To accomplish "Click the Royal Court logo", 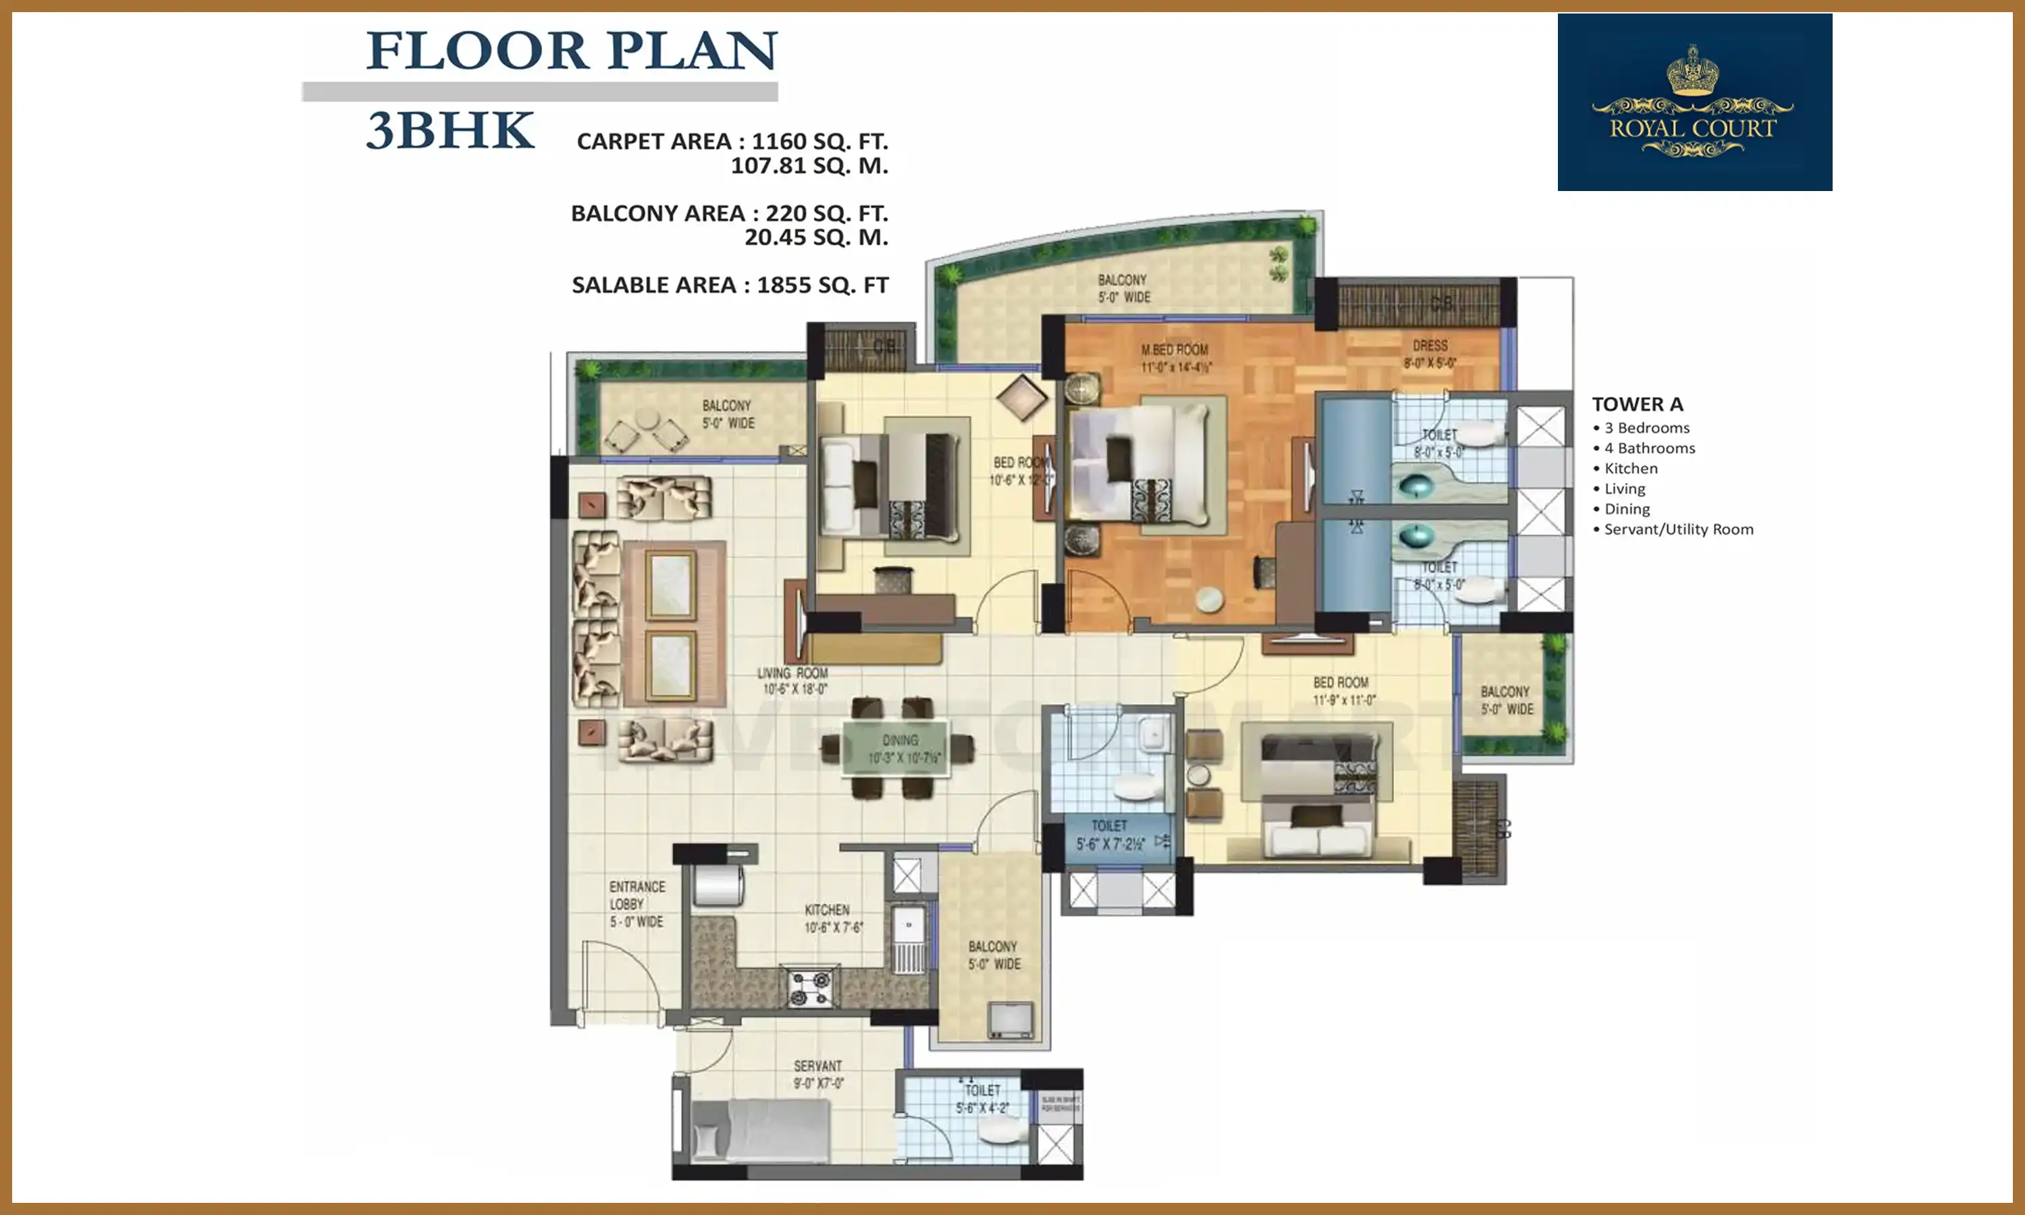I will (x=1694, y=103).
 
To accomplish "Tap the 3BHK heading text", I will (x=450, y=131).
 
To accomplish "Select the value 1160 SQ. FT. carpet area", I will (x=819, y=142).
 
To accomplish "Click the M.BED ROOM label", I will (x=1174, y=358).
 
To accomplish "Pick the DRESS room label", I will (x=1429, y=354).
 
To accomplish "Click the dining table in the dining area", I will (x=898, y=747).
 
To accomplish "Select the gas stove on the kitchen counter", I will (x=810, y=988).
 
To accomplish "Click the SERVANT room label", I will (x=817, y=1073).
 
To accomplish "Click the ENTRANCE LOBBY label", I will (x=637, y=904).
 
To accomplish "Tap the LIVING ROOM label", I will (x=793, y=680).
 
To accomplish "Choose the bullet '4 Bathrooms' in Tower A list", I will (x=1648, y=448).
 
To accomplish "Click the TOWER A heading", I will (x=1637, y=404).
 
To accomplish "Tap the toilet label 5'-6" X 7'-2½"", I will (x=1110, y=834).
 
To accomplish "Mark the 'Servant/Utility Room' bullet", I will (x=1678, y=529).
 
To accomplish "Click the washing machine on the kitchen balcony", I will (x=1011, y=1020).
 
